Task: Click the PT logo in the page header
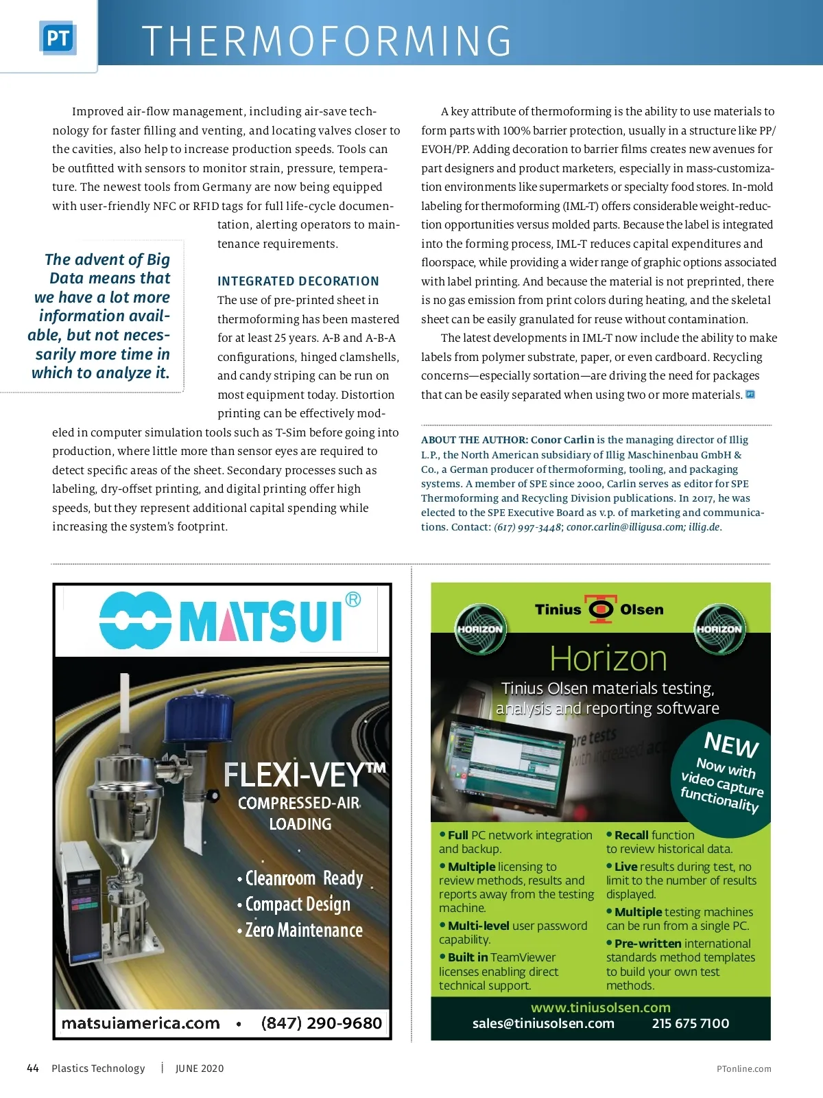[58, 38]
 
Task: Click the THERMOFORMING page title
[326, 41]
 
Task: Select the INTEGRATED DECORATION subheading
[298, 281]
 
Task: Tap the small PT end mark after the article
[750, 395]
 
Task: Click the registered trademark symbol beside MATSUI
[353, 600]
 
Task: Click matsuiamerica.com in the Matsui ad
[141, 1023]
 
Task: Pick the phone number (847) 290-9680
[321, 1023]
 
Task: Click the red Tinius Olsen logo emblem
[601, 609]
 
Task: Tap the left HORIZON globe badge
[480, 629]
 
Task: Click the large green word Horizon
[608, 659]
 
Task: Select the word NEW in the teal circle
[731, 745]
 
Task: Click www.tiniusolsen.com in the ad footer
[601, 1007]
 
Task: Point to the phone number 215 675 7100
[690, 1023]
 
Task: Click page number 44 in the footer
[33, 1068]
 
